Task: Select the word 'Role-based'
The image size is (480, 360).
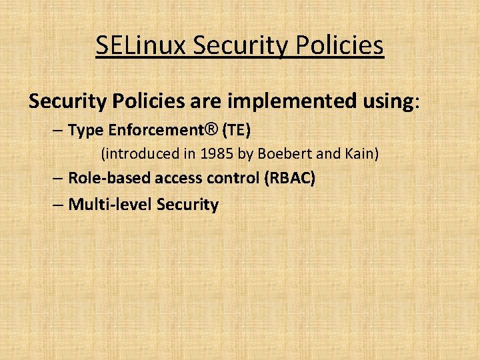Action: coord(109,178)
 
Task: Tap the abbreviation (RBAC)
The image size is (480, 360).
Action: coord(290,178)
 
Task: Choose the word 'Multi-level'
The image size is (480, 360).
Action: coord(111,204)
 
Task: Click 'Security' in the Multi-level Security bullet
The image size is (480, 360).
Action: coord(187,204)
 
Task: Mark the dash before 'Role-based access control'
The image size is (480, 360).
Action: coord(57,179)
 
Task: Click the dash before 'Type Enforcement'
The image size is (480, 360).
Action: coord(57,131)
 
